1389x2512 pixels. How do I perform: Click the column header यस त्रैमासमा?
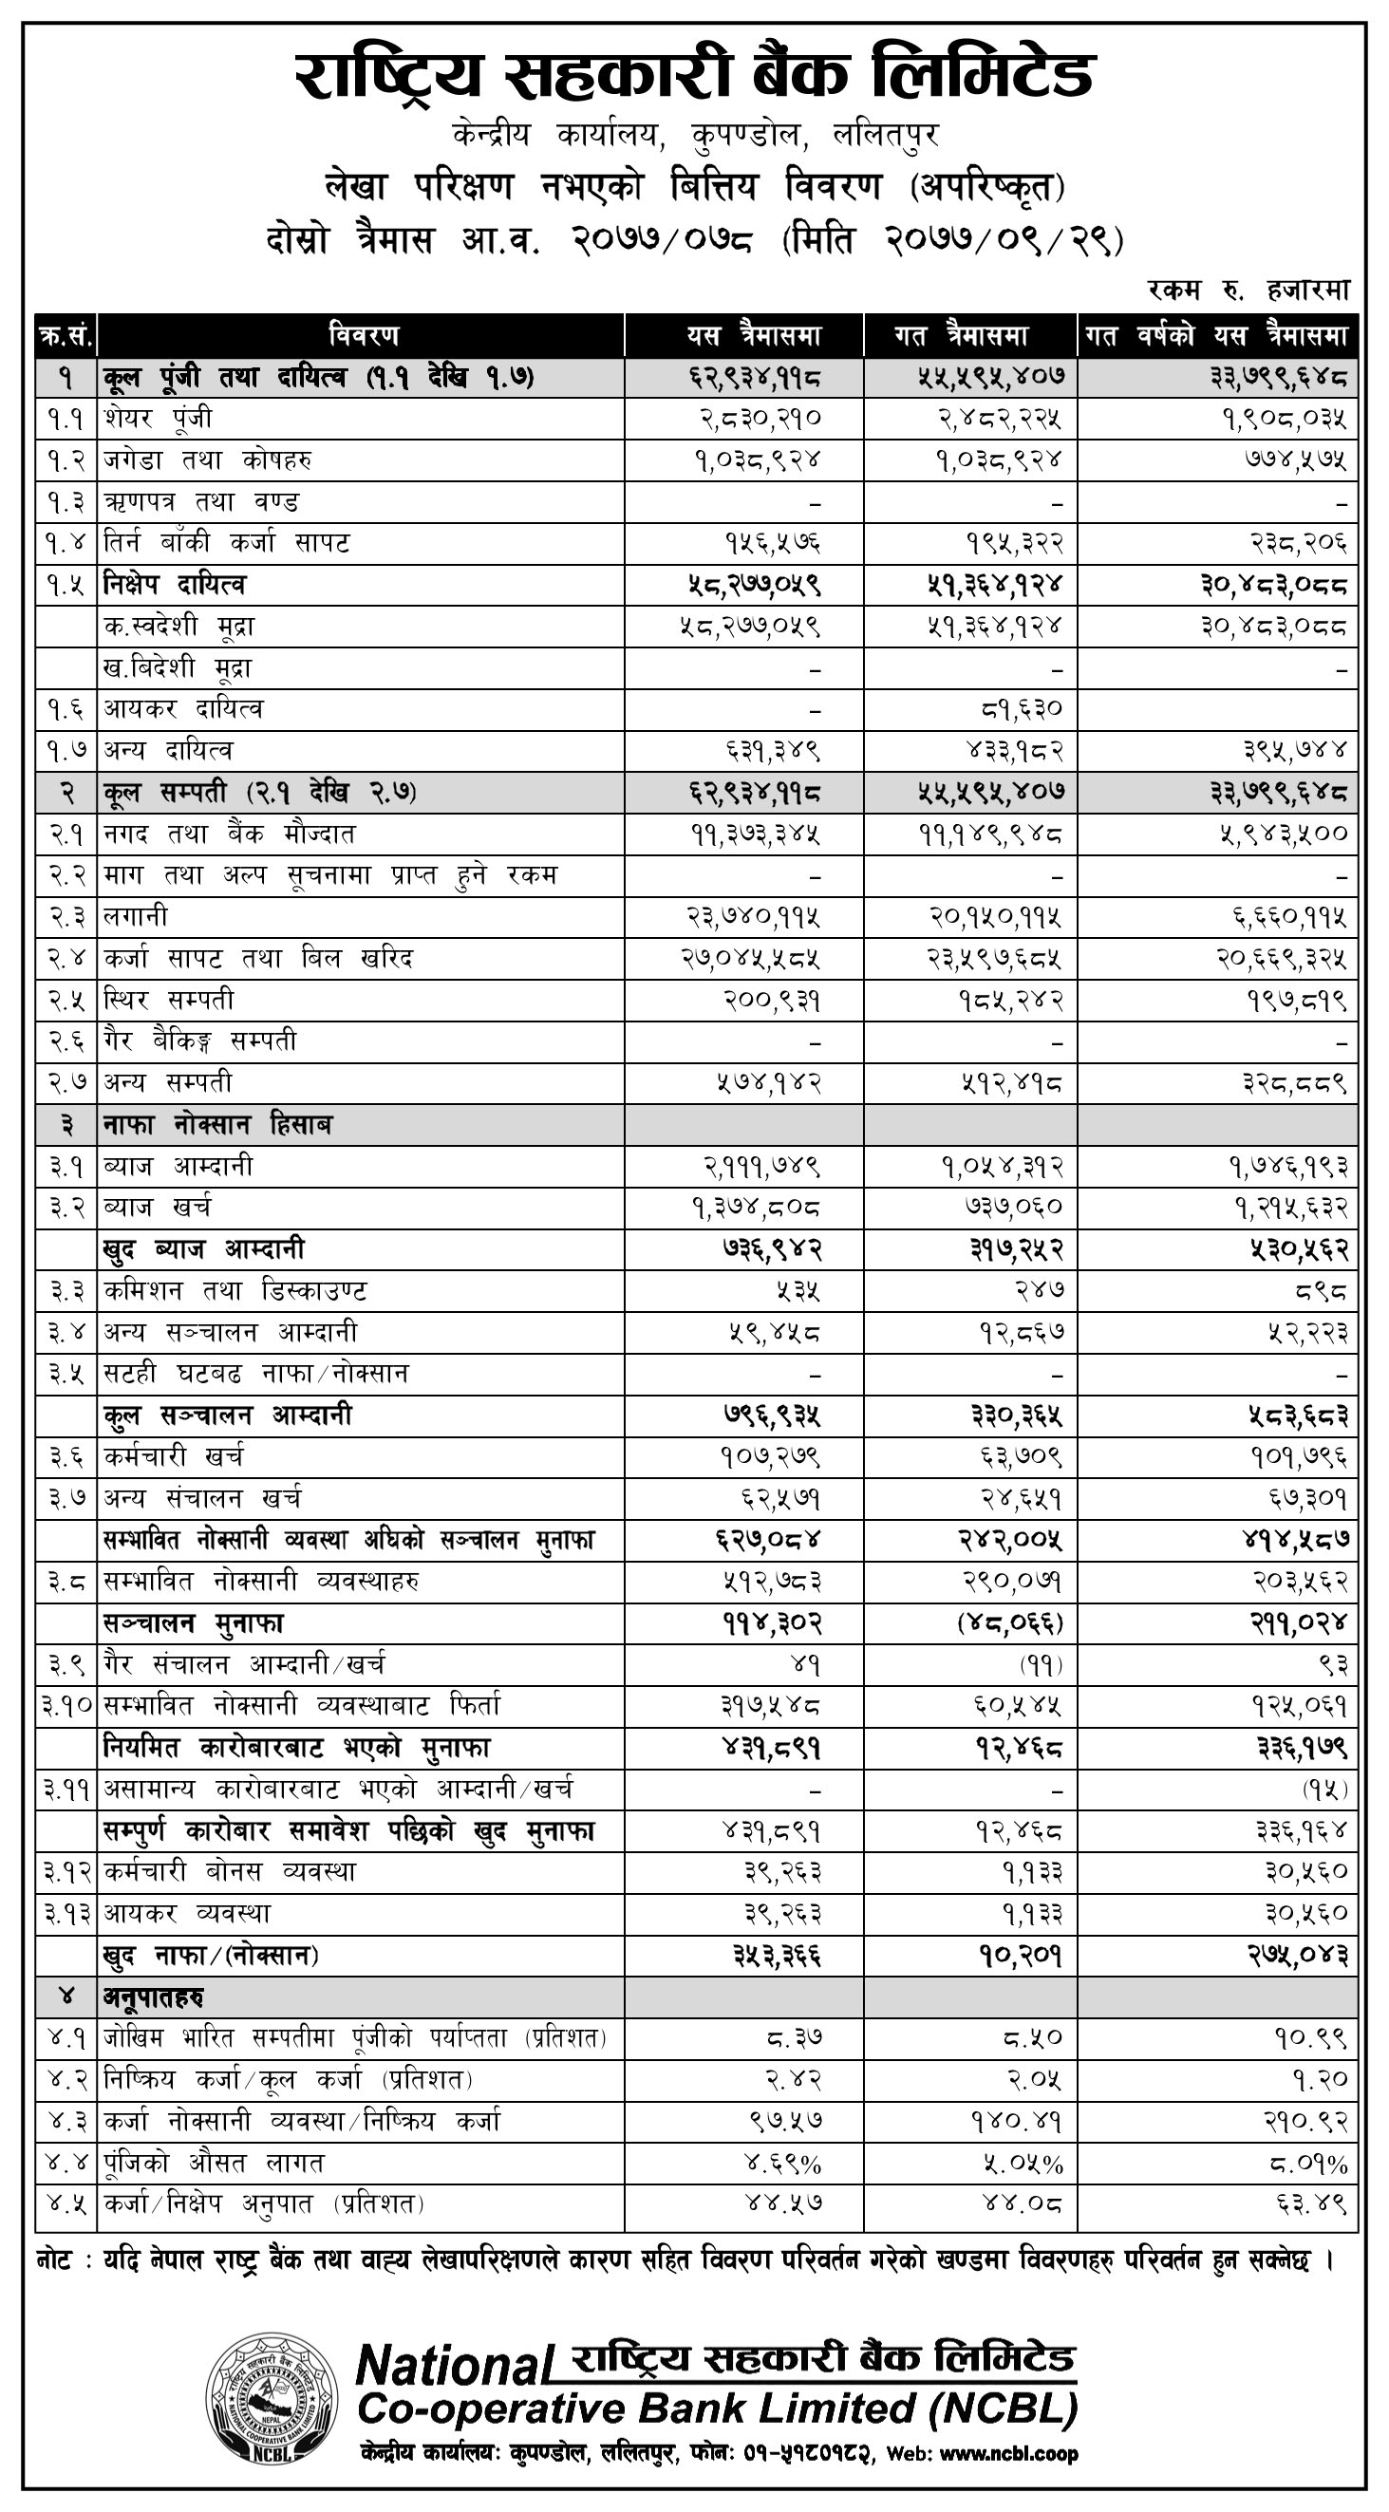[x=753, y=336]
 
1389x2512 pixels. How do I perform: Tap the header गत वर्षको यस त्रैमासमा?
[x=1216, y=336]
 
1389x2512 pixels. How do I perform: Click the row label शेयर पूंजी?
[x=157, y=419]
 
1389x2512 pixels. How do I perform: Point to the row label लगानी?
[x=136, y=917]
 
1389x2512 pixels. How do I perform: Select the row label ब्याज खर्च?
[x=157, y=1208]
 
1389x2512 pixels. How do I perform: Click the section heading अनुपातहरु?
[x=153, y=1997]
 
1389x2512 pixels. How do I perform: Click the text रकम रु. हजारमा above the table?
[x=1248, y=289]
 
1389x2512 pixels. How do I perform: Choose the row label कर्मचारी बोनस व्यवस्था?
[x=229, y=1872]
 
